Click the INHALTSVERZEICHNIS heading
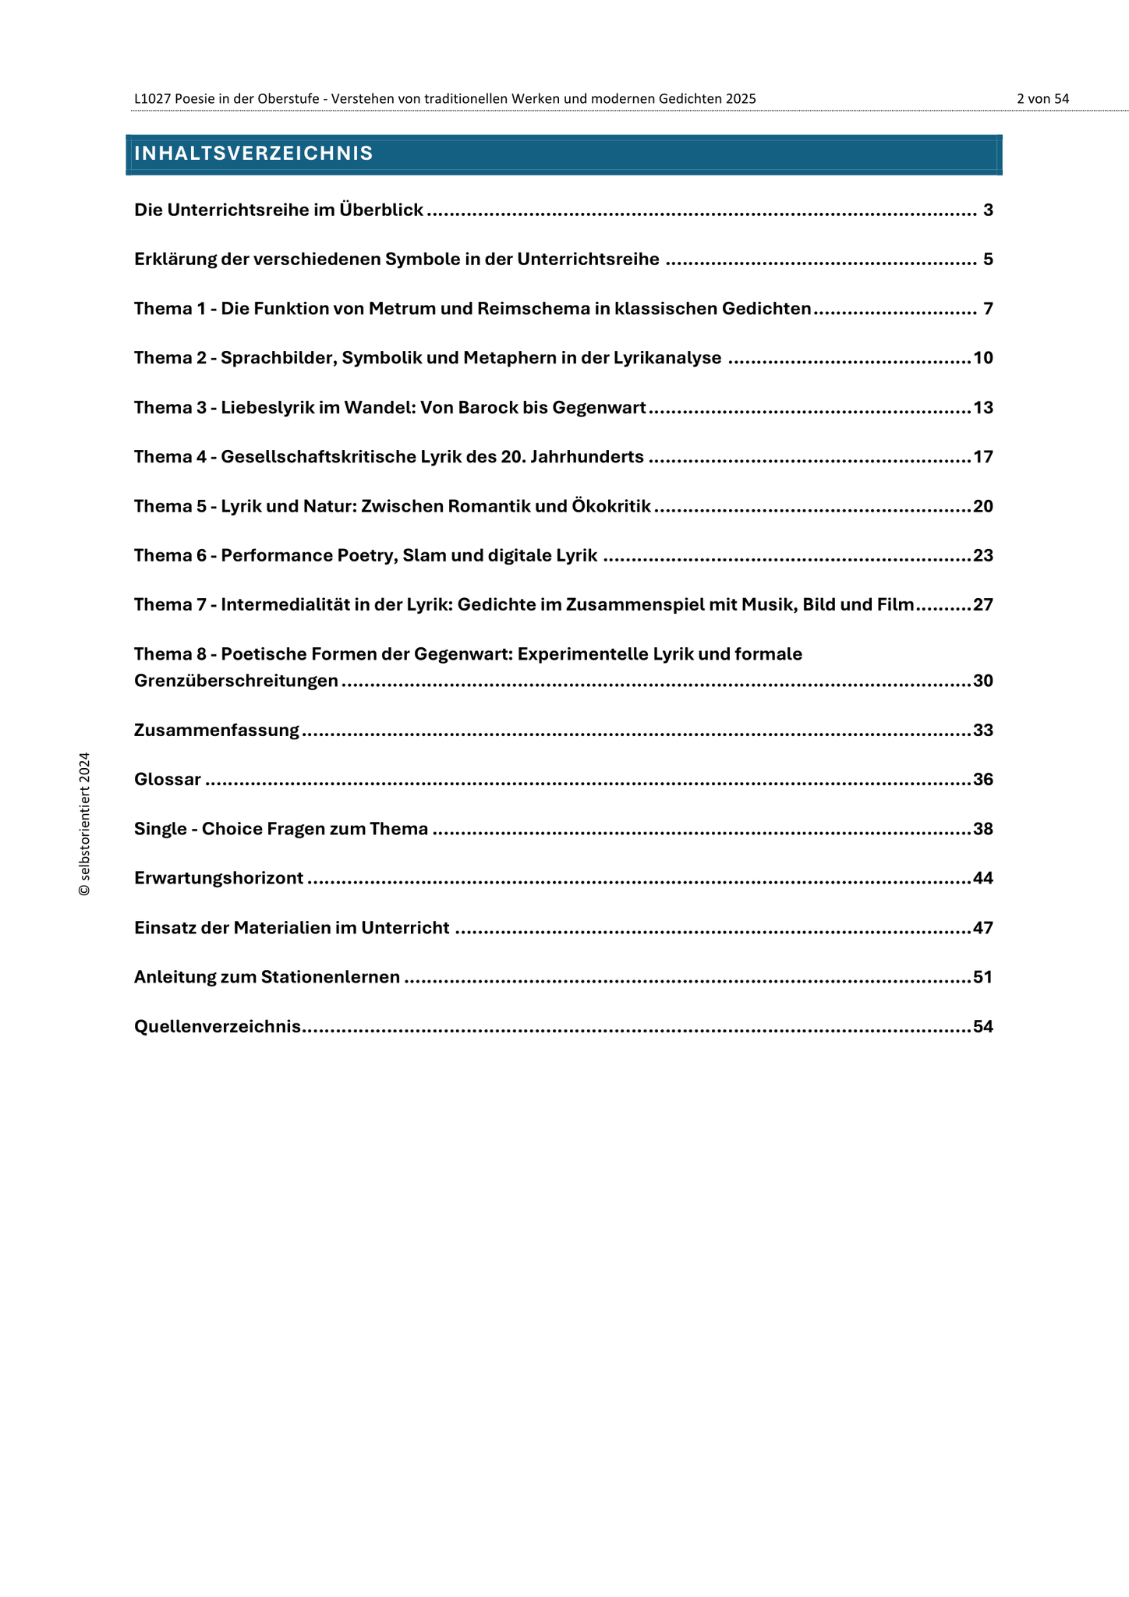(x=253, y=154)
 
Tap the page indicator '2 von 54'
(x=1042, y=99)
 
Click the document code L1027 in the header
(x=152, y=99)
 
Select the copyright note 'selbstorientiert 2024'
(x=84, y=823)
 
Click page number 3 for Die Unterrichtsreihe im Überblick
(x=988, y=210)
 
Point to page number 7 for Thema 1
(x=988, y=309)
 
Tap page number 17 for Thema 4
(x=983, y=457)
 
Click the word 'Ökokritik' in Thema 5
(x=611, y=506)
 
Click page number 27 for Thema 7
(x=983, y=604)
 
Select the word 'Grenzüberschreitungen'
(x=236, y=681)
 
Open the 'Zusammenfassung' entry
(x=217, y=731)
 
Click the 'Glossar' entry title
(x=168, y=780)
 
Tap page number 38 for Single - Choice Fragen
(x=983, y=829)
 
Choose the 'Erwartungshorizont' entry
(x=218, y=878)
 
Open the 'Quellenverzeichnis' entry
(x=218, y=1026)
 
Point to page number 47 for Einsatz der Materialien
(x=983, y=928)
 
